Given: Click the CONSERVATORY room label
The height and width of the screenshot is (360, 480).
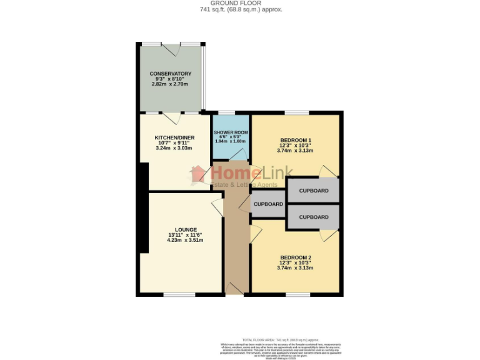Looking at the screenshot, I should pyautogui.click(x=170, y=74).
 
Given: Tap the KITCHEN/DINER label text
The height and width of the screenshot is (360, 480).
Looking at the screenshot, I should pyautogui.click(x=174, y=137).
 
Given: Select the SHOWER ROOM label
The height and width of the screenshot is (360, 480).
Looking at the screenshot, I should pyautogui.click(x=231, y=133).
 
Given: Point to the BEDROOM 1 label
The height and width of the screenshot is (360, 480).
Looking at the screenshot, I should pyautogui.click(x=296, y=140).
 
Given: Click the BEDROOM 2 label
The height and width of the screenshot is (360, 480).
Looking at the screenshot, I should pyautogui.click(x=296, y=258).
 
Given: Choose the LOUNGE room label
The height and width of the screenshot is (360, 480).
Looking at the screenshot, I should pyautogui.click(x=186, y=229).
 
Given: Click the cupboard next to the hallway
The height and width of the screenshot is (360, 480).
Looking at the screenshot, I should pyautogui.click(x=268, y=204).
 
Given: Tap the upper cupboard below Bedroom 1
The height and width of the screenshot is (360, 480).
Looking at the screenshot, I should pyautogui.click(x=313, y=191).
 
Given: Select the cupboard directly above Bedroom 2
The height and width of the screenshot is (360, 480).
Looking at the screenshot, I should pyautogui.click(x=313, y=217).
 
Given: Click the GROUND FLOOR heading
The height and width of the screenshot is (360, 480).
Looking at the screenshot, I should pyautogui.click(x=241, y=3).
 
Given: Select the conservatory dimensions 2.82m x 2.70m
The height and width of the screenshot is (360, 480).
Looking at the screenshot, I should pyautogui.click(x=170, y=84).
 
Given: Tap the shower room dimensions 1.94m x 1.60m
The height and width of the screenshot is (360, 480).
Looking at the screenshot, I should pyautogui.click(x=231, y=141).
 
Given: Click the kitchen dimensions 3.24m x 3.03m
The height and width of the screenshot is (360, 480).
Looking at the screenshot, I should pyautogui.click(x=174, y=148).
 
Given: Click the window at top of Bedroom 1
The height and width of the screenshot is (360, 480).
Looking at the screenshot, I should pyautogui.click(x=296, y=113).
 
